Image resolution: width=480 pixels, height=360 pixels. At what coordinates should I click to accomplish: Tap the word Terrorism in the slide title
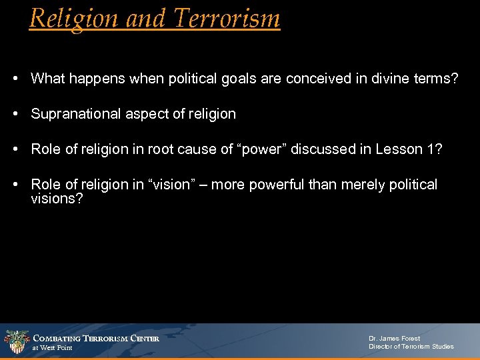227,18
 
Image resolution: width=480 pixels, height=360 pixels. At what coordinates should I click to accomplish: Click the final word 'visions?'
57,198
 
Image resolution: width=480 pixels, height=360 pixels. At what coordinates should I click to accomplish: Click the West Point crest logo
16,342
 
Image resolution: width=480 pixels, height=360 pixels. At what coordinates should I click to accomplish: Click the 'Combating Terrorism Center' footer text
96,338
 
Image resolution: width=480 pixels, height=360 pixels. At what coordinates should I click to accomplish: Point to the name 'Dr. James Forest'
395,338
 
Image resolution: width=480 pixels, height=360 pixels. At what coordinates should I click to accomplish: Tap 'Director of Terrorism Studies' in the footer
411,347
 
